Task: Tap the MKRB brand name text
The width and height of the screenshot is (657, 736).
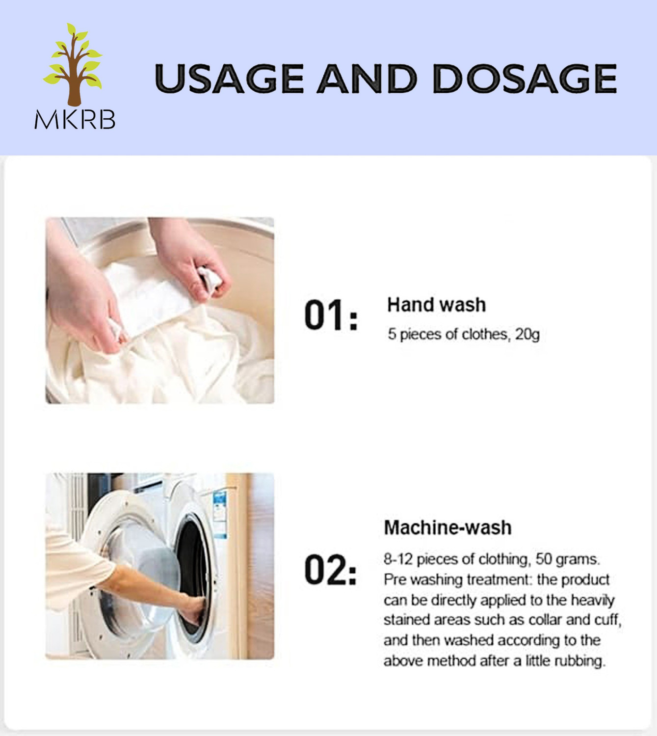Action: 75,119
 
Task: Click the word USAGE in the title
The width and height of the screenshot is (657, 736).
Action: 229,79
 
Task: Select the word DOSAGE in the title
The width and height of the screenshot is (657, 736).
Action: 525,79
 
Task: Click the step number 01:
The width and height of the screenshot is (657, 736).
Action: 331,315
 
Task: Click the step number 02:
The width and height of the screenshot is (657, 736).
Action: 331,570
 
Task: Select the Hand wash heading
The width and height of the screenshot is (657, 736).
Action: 436,305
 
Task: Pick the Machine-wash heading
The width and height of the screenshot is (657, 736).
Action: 447,527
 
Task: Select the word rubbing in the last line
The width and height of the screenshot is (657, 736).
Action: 579,661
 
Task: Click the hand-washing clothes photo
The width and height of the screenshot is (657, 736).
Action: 159,310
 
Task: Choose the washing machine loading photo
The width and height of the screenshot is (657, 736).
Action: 159,566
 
